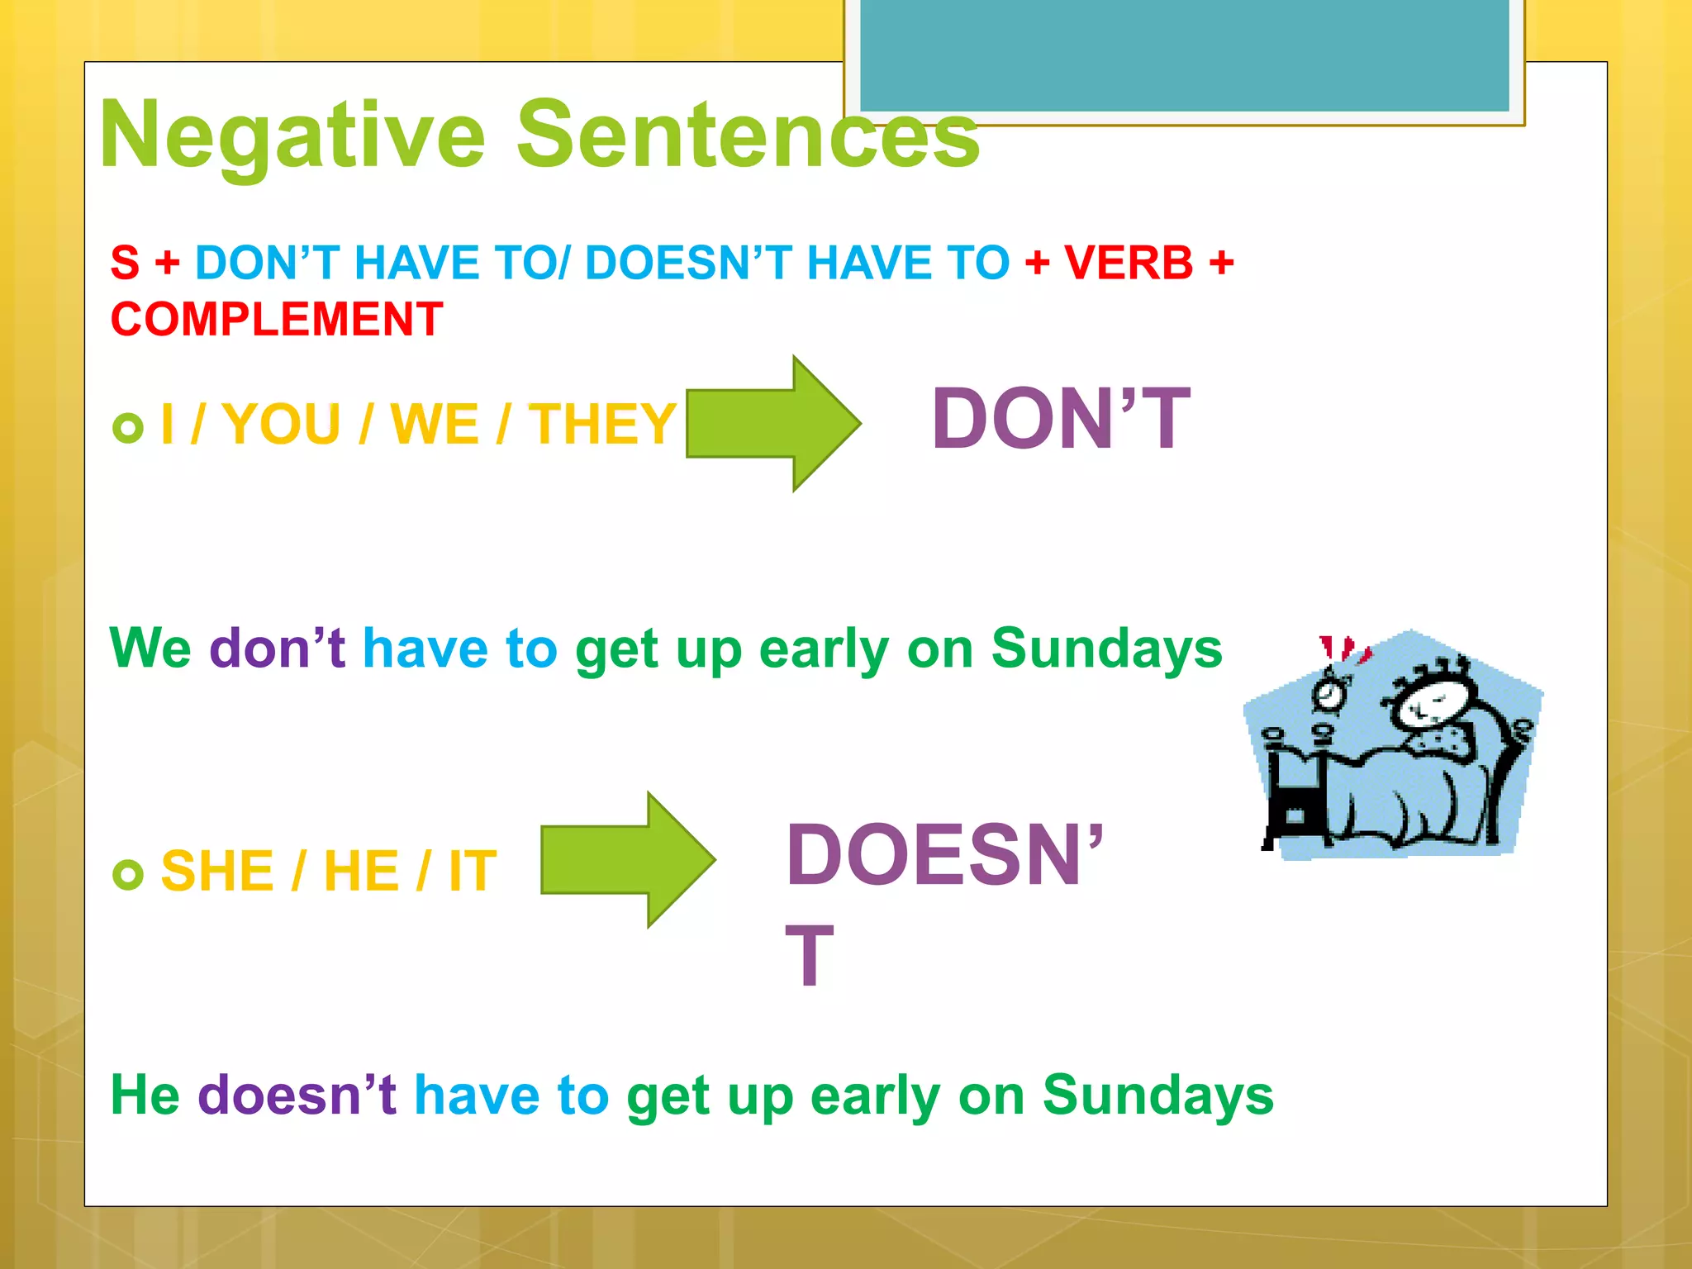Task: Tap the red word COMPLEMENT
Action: coord(277,320)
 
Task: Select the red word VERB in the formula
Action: coord(1129,264)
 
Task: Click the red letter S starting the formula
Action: coord(125,264)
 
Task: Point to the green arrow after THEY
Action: coord(772,424)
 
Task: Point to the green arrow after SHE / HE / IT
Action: coord(627,860)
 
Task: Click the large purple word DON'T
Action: coord(1061,420)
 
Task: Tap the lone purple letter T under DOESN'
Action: coord(809,957)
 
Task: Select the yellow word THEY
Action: coord(602,425)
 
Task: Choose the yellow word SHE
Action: coord(217,871)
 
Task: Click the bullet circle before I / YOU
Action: coord(128,428)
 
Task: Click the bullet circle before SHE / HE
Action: coord(128,874)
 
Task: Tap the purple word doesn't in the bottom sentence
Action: coord(297,1096)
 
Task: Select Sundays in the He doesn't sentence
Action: coord(1157,1096)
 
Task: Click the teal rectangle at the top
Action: coord(1184,55)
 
